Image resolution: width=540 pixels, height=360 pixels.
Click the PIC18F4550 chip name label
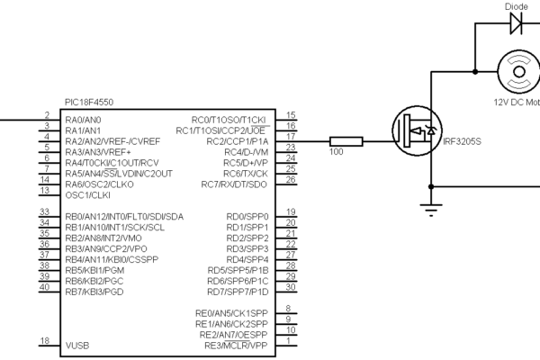coord(89,103)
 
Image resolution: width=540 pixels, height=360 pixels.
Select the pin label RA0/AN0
coord(83,120)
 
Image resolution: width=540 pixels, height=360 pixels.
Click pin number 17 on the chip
coord(290,136)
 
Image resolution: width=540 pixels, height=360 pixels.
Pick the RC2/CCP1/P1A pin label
coord(237,141)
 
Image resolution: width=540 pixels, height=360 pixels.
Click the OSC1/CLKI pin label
coord(88,195)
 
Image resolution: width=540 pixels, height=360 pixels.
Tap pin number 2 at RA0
coord(46,114)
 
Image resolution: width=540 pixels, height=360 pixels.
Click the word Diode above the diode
coord(516,4)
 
